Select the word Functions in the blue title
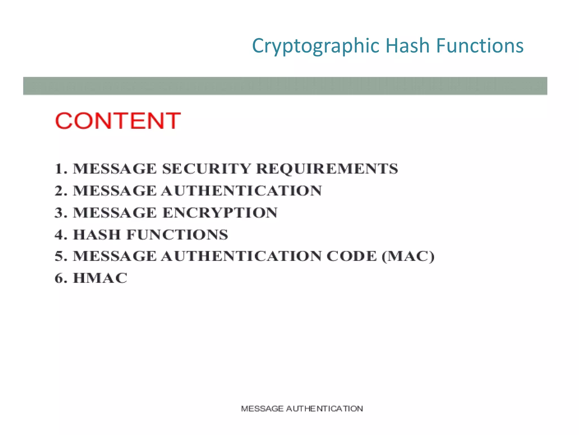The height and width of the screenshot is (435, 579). pyautogui.click(x=480, y=46)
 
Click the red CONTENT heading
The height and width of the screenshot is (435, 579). pyautogui.click(x=118, y=121)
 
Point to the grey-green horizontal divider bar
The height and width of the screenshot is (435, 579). pyautogui.click(x=285, y=86)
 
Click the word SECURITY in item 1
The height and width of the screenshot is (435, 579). pyautogui.click(x=206, y=169)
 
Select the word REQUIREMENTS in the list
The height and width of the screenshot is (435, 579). pyautogui.click(x=327, y=169)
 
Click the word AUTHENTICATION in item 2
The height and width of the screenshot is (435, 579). pyautogui.click(x=241, y=191)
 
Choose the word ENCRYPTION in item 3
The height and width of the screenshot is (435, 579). pyautogui.click(x=220, y=213)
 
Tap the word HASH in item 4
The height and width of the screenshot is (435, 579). pyautogui.click(x=97, y=234)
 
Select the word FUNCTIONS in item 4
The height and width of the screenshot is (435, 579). pyautogui.click(x=177, y=234)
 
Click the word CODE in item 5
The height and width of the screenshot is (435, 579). pyautogui.click(x=351, y=256)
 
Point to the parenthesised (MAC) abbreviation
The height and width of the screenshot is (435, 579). pyautogui.click(x=408, y=256)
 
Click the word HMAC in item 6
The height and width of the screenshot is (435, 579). pyautogui.click(x=100, y=278)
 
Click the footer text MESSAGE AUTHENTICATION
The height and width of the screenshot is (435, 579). pyautogui.click(x=302, y=409)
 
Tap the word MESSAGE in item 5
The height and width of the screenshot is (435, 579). pyautogui.click(x=114, y=256)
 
